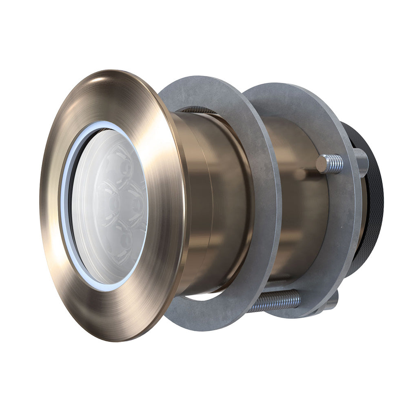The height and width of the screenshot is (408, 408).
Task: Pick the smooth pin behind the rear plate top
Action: click(361, 161)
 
